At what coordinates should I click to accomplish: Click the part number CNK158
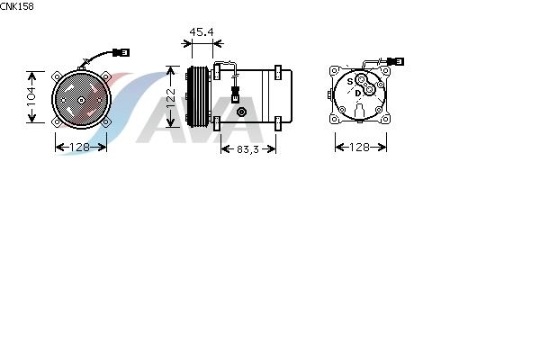click(17, 6)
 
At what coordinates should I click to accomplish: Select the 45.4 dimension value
click(202, 32)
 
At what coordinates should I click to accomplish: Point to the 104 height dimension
click(31, 97)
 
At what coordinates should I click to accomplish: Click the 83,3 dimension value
click(248, 149)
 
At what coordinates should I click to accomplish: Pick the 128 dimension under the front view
click(79, 147)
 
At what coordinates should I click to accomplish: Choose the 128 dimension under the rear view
click(359, 147)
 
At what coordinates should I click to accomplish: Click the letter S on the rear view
click(350, 82)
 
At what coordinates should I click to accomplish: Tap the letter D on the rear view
click(358, 94)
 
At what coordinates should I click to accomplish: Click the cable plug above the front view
click(121, 53)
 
